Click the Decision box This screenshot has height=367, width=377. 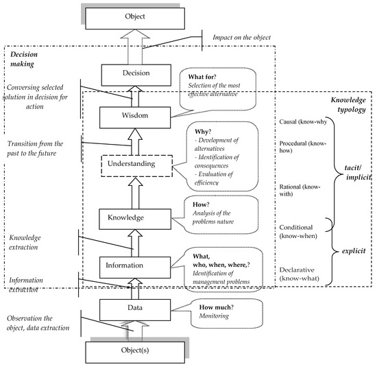136,75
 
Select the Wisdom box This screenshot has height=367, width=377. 135,117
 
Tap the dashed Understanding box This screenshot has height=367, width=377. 136,166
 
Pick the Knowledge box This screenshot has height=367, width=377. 135,219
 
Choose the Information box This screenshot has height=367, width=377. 135,268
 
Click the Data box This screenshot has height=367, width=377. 135,310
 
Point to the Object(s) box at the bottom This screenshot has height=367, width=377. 135,353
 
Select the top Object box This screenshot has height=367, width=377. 135,19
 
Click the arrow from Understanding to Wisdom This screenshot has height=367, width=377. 135,142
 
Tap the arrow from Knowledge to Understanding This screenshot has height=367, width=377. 135,193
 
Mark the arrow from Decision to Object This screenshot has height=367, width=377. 135,47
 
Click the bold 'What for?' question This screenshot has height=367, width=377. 202,77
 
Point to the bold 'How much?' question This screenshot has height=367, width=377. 217,307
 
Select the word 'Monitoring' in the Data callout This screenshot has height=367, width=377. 214,316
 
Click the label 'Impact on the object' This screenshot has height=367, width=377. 242,38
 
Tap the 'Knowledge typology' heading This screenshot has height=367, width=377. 348,105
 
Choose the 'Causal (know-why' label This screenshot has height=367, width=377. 303,122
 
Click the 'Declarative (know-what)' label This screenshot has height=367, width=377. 299,274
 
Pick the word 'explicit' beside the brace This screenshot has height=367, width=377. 354,251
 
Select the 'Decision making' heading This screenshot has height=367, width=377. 24,59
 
